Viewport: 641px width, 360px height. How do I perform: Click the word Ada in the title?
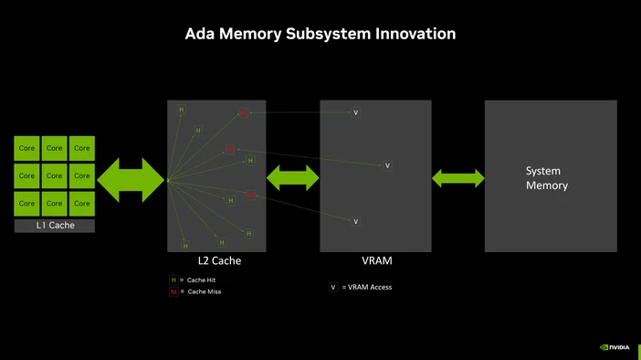(200, 34)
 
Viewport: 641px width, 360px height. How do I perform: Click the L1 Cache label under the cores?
(54, 225)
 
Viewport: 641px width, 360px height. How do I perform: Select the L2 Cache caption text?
(219, 261)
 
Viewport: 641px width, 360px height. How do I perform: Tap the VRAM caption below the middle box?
(376, 261)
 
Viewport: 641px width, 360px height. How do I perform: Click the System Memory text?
(546, 178)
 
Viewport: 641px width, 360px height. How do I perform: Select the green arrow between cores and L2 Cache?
(131, 179)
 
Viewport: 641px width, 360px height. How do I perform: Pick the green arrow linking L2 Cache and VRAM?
(292, 178)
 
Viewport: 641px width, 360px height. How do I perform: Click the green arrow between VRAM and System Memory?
(457, 178)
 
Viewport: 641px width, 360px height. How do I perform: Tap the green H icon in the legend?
(173, 280)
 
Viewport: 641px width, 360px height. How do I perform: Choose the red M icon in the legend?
(173, 291)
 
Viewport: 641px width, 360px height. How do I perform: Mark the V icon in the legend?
(333, 287)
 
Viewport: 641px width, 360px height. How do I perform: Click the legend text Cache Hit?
(202, 280)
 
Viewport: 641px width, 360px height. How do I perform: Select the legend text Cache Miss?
(204, 291)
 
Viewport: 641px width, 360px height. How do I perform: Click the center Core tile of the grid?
(55, 175)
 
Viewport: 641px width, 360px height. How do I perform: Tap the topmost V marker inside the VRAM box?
(356, 112)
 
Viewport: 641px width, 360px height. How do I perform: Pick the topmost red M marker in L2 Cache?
(243, 113)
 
